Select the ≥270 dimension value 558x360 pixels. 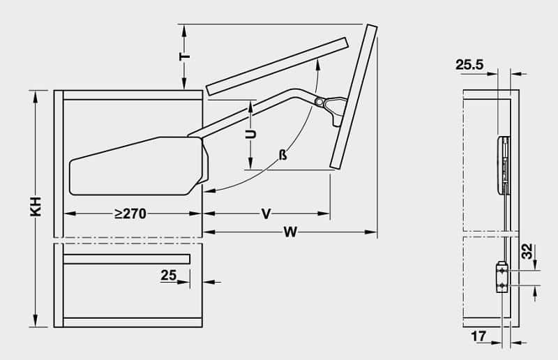130,214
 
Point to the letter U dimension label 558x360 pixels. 252,134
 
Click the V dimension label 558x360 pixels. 266,214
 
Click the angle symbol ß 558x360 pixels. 282,155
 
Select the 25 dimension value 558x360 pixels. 168,276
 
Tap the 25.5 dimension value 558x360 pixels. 469,65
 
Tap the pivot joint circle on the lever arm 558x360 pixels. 319,103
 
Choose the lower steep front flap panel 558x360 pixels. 354,98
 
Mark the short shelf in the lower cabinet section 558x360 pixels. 126,260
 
